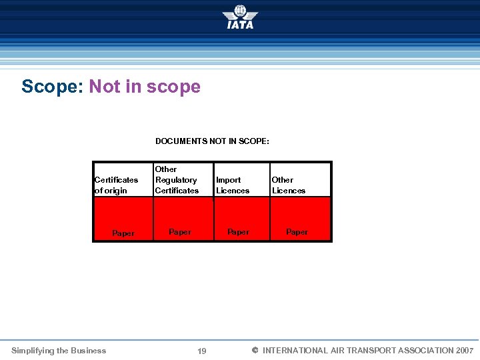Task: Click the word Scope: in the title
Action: click(x=52, y=87)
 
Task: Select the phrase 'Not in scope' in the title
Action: click(x=145, y=87)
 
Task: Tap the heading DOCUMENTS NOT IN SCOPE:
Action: click(x=212, y=141)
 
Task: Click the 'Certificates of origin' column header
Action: click(x=117, y=185)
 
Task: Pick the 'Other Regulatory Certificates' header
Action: click(x=177, y=180)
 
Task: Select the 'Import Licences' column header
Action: click(x=233, y=185)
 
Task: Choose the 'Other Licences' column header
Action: click(x=289, y=185)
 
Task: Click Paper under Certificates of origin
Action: click(x=123, y=233)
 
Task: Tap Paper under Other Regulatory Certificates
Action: click(x=180, y=232)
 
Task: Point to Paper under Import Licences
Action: click(x=238, y=232)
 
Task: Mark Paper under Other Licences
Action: click(x=297, y=232)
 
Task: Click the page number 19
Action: click(x=202, y=351)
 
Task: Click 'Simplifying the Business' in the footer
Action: click(x=59, y=351)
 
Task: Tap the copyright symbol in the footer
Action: click(x=254, y=351)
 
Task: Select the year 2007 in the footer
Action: click(x=465, y=351)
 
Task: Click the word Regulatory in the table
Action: click(x=176, y=180)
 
